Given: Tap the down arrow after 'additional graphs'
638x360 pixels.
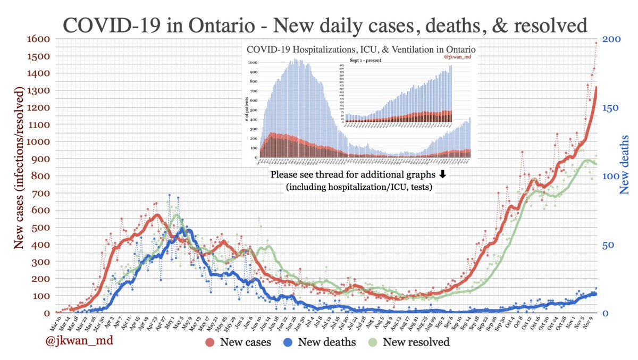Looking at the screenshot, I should (x=442, y=174).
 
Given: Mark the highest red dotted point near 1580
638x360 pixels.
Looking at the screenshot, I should (x=597, y=43).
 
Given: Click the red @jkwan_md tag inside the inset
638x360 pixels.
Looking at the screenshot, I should (x=460, y=56).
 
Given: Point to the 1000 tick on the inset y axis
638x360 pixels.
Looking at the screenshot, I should (x=253, y=62).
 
